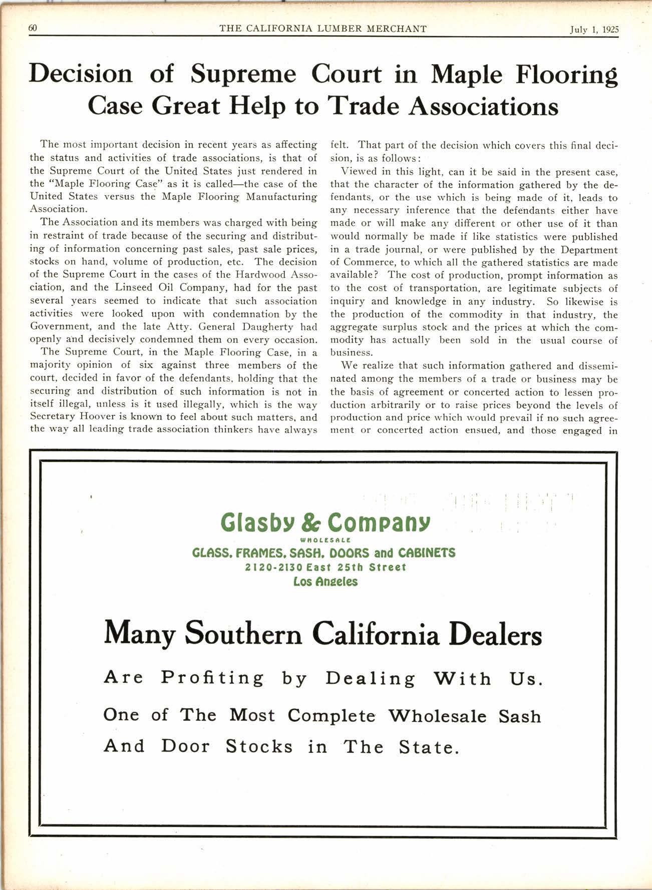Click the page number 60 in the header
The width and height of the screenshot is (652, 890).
33,29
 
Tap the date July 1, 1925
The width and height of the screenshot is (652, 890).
594,30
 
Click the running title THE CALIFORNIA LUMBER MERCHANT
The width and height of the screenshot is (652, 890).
323,29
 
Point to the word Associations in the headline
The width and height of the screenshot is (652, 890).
483,106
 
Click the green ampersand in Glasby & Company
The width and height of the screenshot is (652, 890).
313,523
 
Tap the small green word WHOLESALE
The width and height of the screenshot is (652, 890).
324,540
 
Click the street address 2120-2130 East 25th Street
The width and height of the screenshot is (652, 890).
325,567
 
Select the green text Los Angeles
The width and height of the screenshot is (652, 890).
325,582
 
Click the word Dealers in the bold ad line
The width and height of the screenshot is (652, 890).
495,634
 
